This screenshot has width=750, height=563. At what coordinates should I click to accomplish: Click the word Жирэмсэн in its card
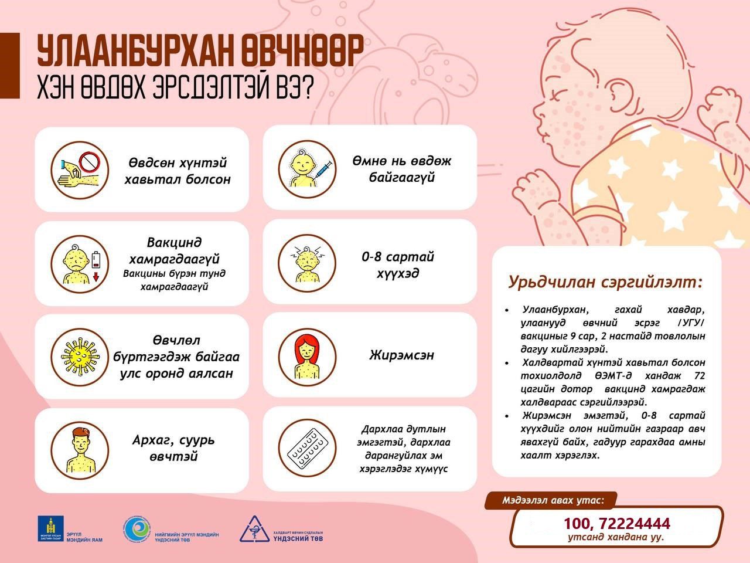(401, 355)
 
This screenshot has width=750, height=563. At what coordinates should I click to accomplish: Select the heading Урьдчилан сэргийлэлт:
(605, 282)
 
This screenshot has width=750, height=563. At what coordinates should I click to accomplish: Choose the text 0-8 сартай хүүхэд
(398, 265)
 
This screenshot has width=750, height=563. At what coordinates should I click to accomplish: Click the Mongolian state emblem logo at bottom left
(50, 528)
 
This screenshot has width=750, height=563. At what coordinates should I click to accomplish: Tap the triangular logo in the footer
(253, 530)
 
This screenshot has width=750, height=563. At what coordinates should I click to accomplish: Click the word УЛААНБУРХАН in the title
(135, 52)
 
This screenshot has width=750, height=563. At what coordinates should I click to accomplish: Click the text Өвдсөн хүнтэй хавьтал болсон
(178, 171)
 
